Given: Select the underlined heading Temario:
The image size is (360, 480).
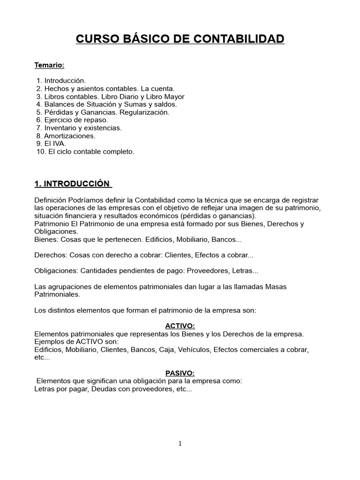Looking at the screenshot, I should [x=49, y=65].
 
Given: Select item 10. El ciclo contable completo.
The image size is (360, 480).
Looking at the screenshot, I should [x=85, y=151].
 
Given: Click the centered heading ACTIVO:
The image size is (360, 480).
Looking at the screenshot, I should [x=180, y=326].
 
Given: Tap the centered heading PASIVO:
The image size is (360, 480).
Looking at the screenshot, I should [x=180, y=373].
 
